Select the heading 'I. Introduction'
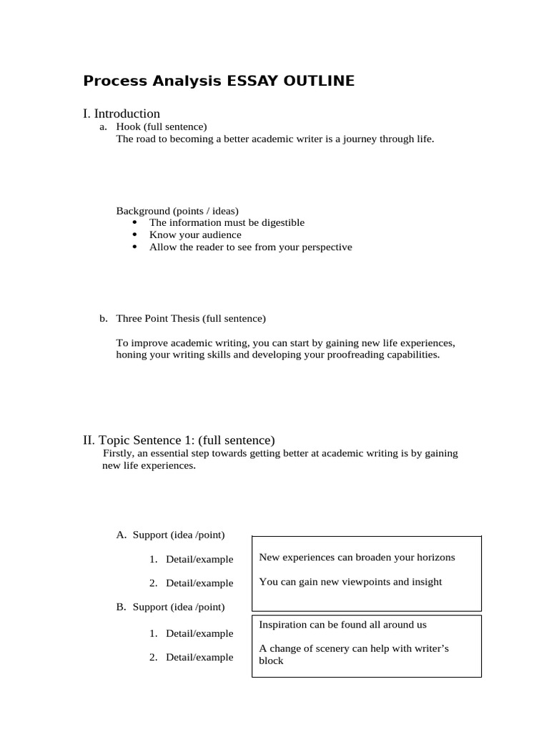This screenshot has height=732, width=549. click(122, 114)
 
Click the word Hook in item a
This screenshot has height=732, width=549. click(129, 127)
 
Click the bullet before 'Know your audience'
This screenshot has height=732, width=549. click(135, 234)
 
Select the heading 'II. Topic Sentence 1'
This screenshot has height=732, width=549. click(179, 440)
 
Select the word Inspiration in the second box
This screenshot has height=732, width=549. click(283, 624)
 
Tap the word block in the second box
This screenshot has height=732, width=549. click(271, 661)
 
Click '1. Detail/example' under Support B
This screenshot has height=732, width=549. click(192, 633)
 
